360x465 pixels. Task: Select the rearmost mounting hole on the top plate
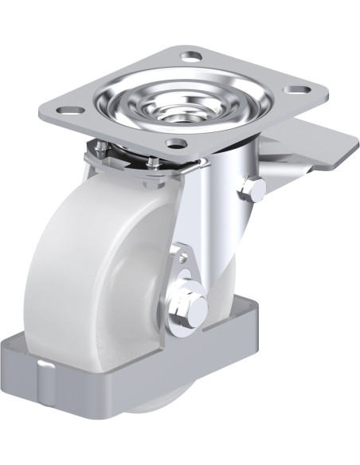[x=192, y=57]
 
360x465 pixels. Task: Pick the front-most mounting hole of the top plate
[x=176, y=143]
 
